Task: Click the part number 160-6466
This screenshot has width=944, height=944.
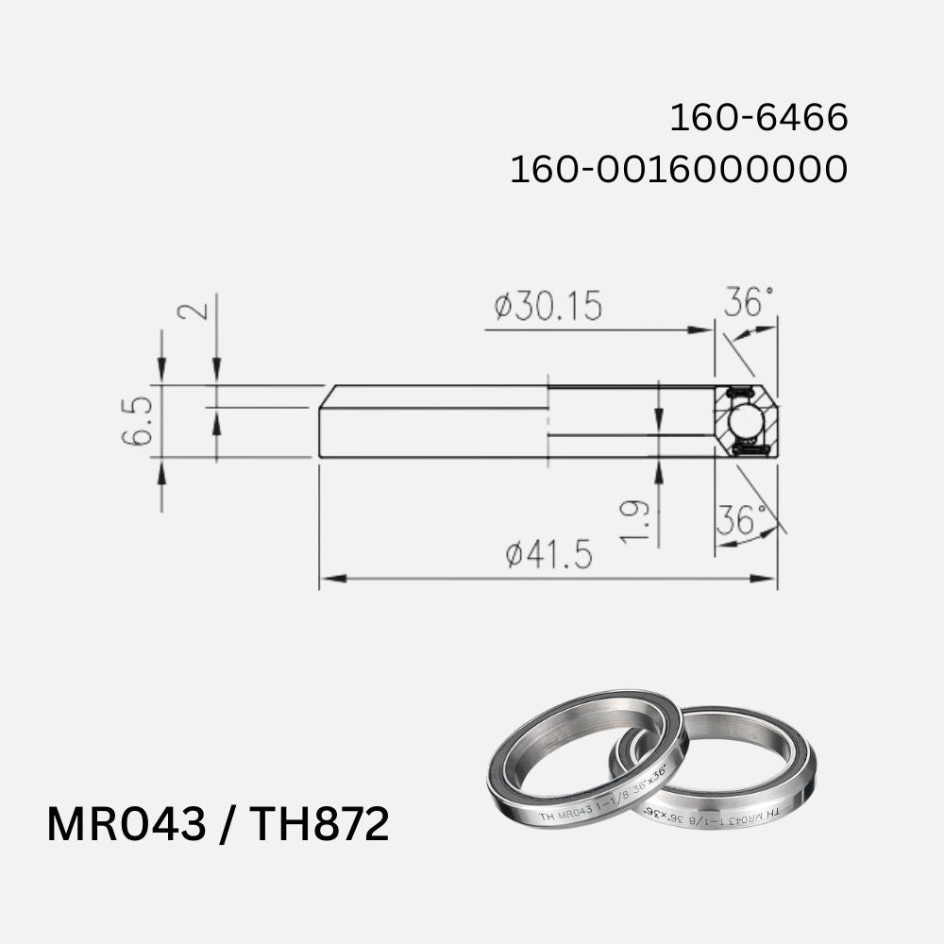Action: [x=759, y=119]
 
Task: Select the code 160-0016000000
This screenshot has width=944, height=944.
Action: [x=678, y=170]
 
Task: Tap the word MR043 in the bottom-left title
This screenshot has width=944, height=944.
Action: [x=126, y=825]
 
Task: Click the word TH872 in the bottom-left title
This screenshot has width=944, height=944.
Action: [x=318, y=825]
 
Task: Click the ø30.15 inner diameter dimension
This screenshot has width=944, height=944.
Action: [x=548, y=306]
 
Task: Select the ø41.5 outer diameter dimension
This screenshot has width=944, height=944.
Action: [x=548, y=555]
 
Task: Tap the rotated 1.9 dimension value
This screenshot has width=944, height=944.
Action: [x=636, y=522]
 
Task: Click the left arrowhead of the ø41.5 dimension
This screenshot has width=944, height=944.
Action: [x=327, y=578]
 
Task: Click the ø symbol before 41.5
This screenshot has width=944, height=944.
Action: [x=514, y=556]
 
